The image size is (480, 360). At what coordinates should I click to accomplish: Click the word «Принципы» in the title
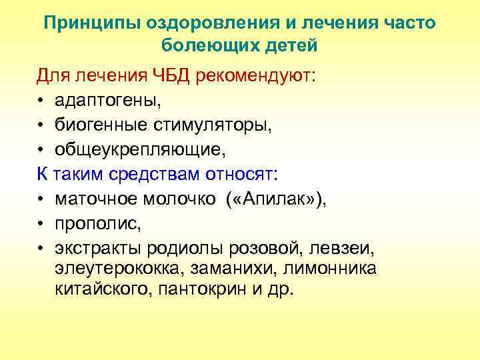[86, 24]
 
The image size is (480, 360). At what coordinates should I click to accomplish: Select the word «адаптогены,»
[108, 101]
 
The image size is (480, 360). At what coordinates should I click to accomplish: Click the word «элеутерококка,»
[119, 269]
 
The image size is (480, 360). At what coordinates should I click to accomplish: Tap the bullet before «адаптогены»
[41, 101]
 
